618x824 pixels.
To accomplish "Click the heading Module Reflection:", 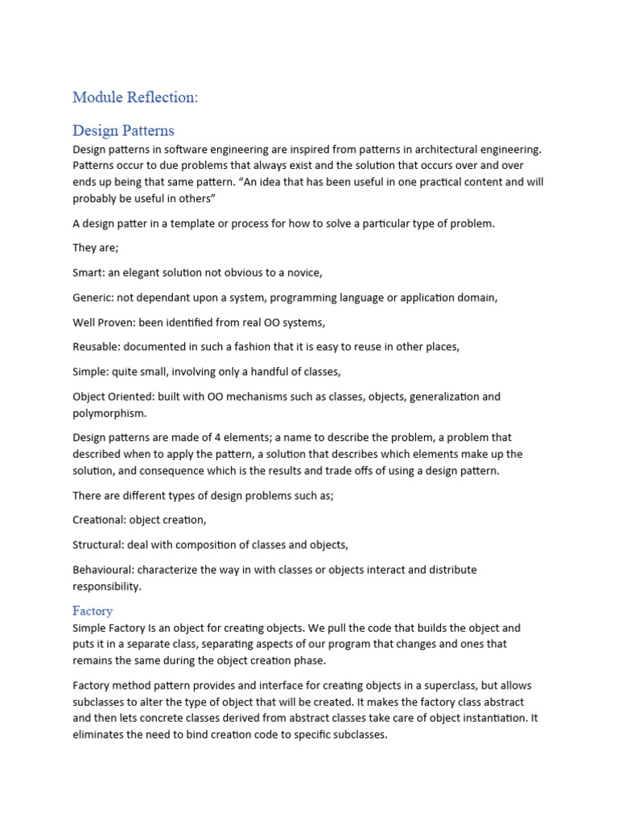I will coord(134,97).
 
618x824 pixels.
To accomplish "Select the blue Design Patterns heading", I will coord(123,130).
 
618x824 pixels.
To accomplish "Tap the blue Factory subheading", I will coord(93,611).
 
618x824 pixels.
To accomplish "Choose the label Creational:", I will coord(99,520).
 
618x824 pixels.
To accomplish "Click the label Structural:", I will coord(97,545).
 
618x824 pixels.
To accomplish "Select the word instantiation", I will coord(492,719).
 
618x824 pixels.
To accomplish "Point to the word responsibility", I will coord(107,587).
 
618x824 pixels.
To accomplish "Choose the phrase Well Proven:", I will coord(103,323).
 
